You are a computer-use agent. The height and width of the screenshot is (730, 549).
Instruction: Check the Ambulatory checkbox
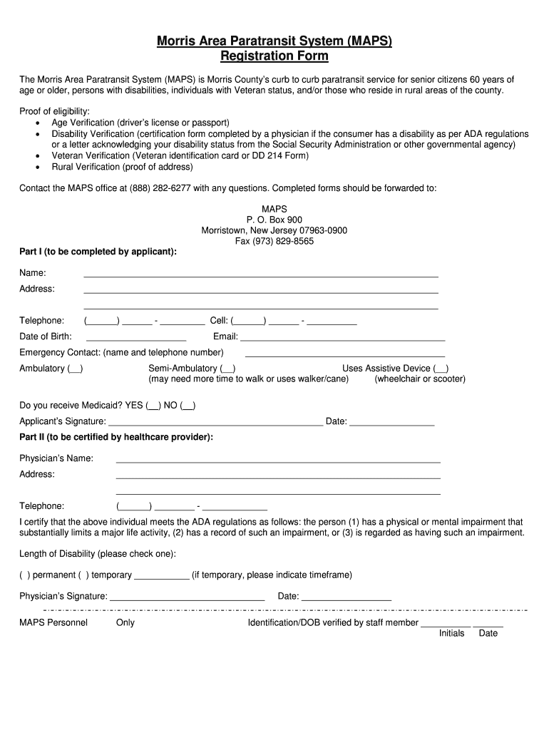(75, 369)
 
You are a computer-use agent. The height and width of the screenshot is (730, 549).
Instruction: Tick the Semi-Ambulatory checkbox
(227, 369)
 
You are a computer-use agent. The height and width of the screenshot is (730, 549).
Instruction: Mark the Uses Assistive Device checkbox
(441, 369)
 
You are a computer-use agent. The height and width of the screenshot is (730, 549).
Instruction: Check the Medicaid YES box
(153, 406)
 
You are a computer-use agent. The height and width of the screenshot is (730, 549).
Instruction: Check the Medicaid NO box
(188, 406)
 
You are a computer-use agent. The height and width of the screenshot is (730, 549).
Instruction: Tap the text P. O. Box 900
(274, 220)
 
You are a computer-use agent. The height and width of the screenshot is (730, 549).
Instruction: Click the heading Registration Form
(274, 56)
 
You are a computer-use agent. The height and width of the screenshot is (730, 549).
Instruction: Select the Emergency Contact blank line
(344, 354)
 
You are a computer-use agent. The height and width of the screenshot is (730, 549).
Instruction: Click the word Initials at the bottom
(451, 633)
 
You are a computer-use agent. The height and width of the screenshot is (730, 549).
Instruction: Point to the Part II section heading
(116, 437)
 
